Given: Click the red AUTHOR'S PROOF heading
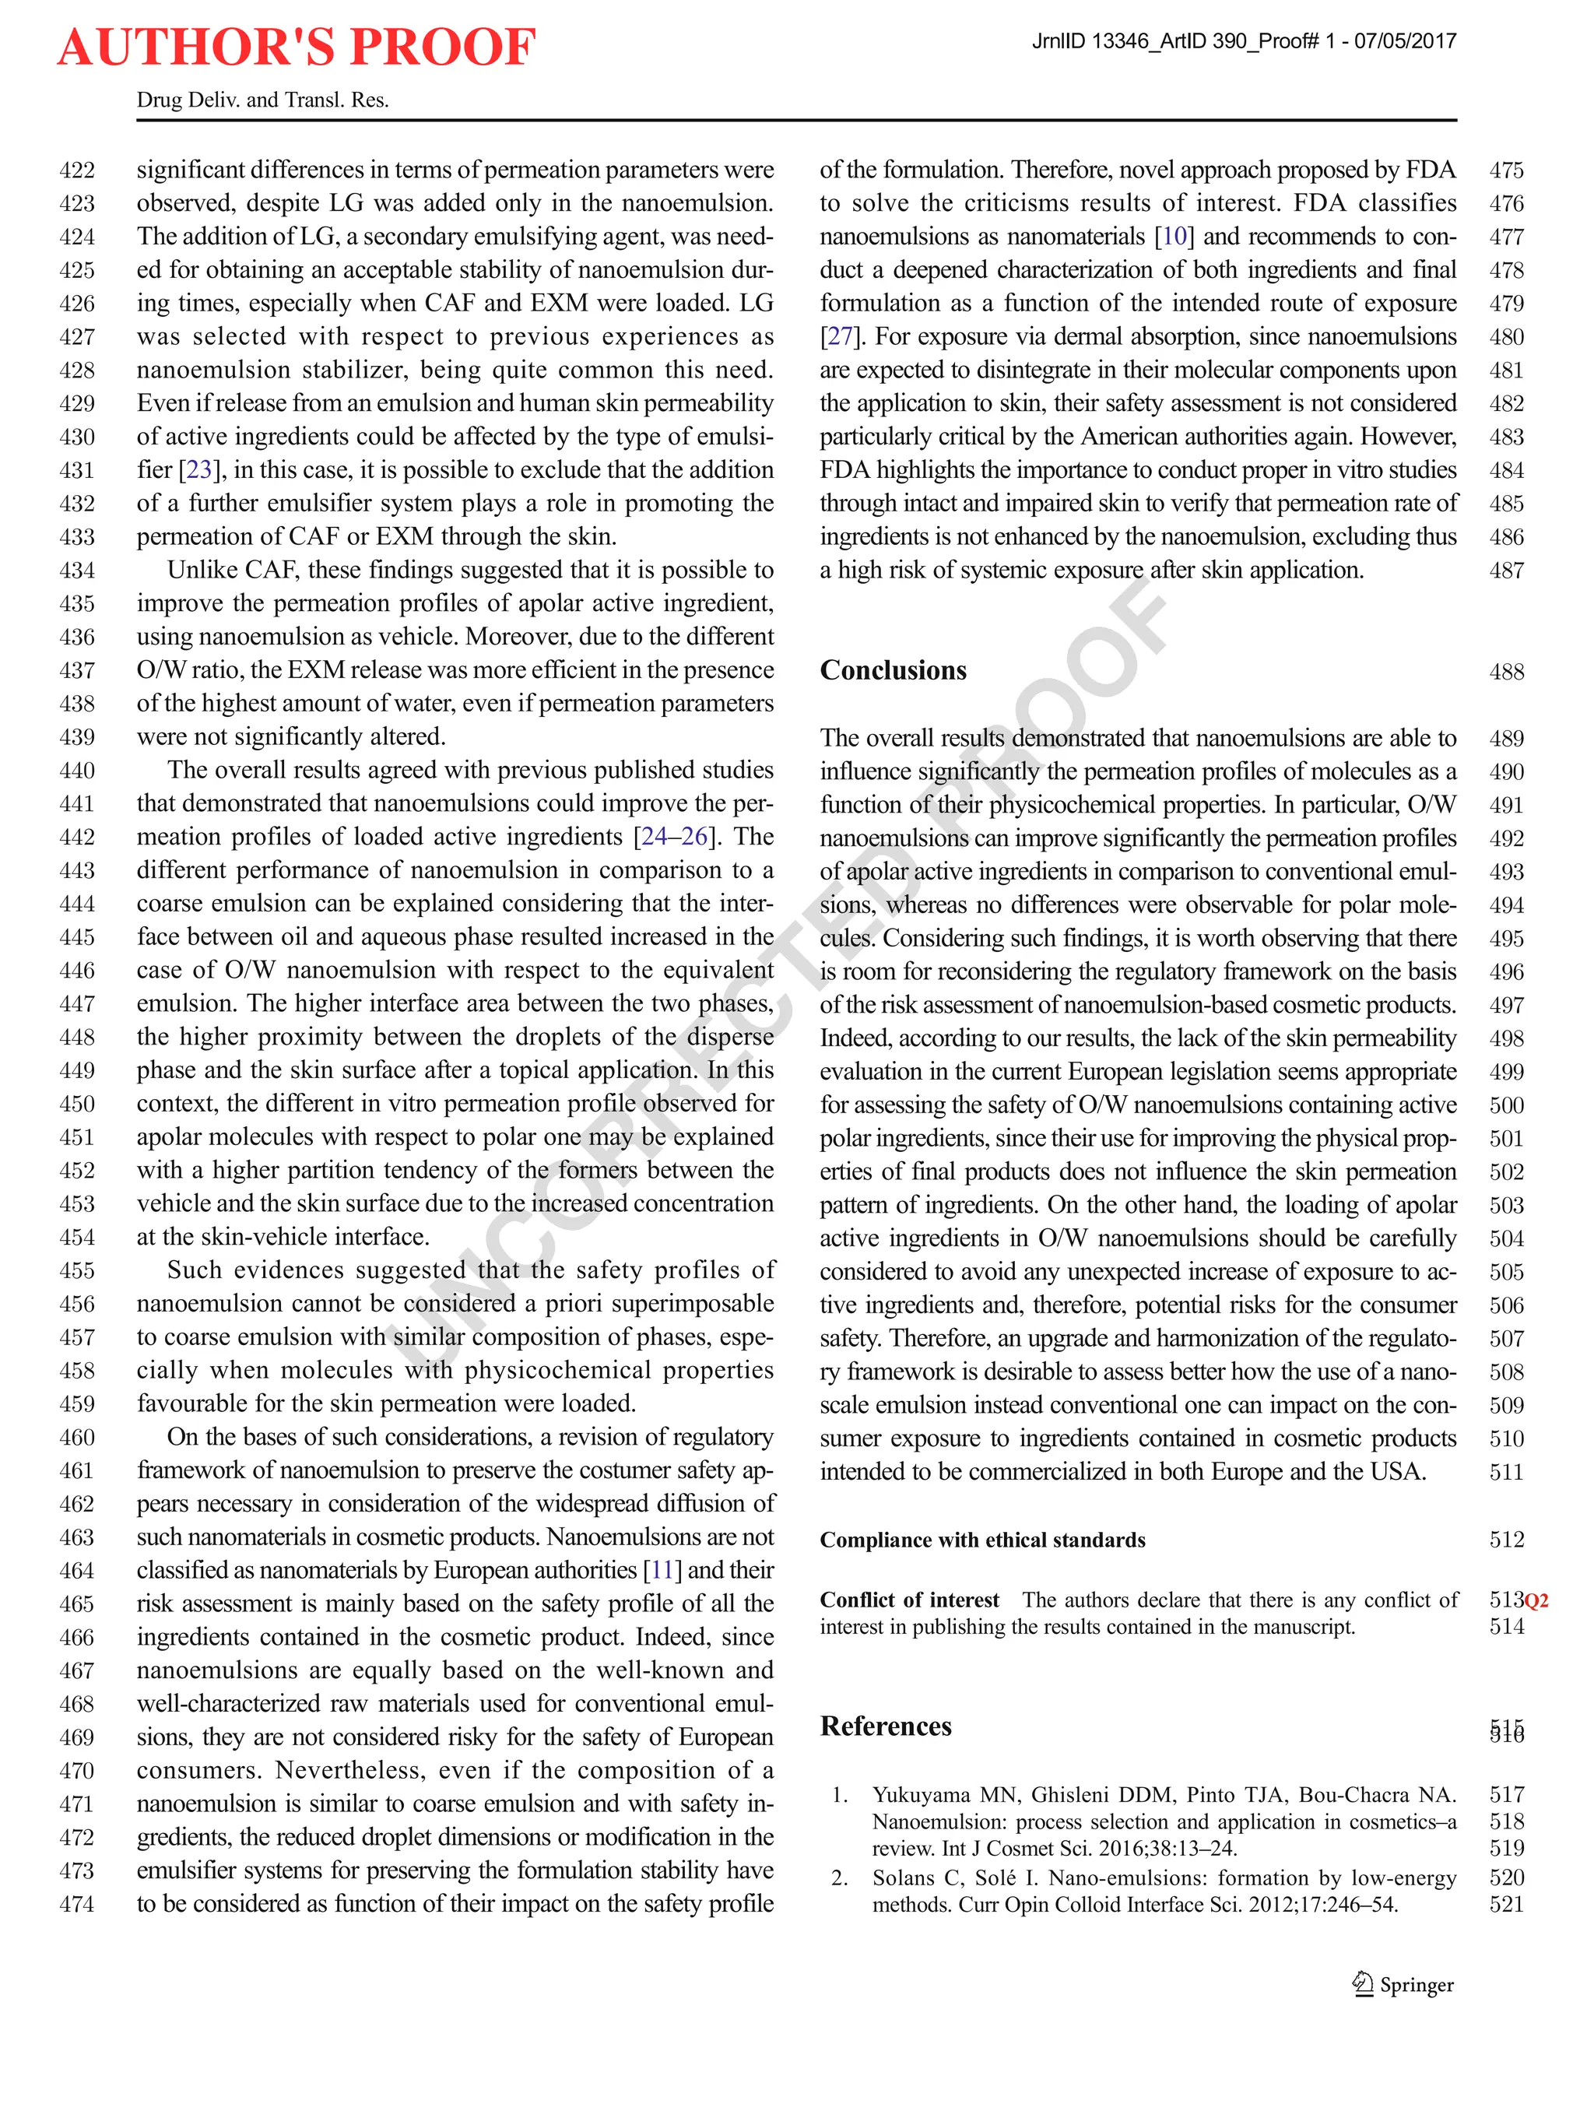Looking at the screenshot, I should click(296, 48).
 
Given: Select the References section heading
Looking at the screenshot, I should click(886, 1726).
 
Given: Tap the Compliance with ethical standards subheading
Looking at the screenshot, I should click(982, 1540).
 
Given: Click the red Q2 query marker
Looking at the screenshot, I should click(1536, 1601).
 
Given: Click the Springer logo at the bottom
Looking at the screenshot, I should click(1403, 1984).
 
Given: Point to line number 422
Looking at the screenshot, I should click(78, 170).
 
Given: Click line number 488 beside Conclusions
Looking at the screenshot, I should click(1506, 673).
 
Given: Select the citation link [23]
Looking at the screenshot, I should click(199, 470).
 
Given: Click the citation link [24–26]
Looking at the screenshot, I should click(675, 837).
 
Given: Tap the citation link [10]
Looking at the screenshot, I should click(1174, 237).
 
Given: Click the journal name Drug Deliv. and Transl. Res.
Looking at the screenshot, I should click(262, 100).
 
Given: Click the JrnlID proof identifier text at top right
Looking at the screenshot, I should click(1244, 41).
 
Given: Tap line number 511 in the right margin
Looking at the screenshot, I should click(1506, 1472).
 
